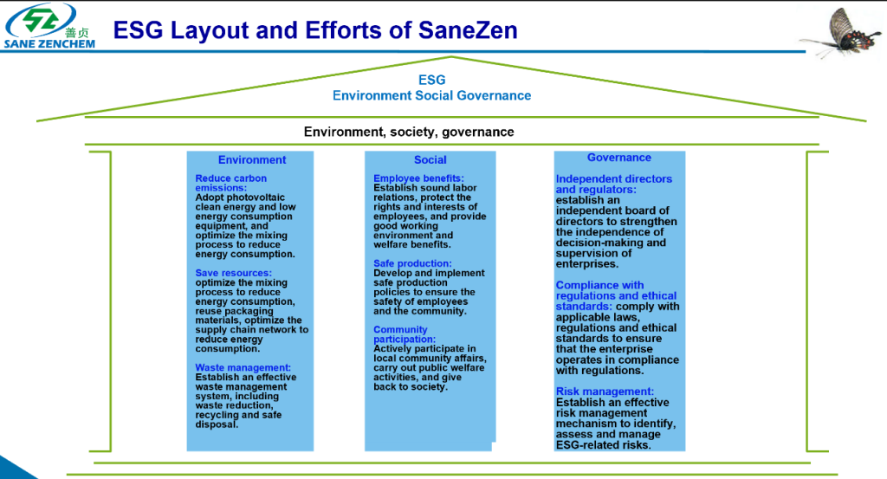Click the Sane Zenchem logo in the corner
(x=50, y=27)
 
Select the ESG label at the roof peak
(x=431, y=81)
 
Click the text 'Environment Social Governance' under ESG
(x=431, y=95)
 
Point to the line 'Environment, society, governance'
(x=409, y=132)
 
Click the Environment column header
(x=252, y=159)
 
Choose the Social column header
(x=431, y=159)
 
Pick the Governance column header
(x=619, y=158)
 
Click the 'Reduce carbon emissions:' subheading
(x=230, y=183)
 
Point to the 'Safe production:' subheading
(x=412, y=263)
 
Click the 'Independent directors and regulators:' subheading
(x=613, y=184)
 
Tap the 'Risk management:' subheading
(x=605, y=392)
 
